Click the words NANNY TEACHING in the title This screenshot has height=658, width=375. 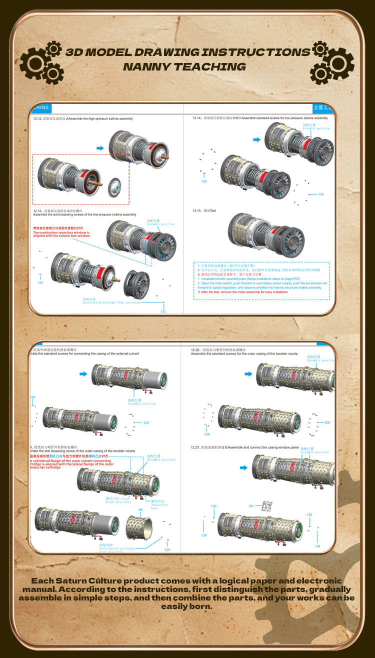[184, 66]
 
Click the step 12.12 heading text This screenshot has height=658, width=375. [83, 118]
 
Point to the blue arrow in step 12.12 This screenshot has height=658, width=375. [100, 148]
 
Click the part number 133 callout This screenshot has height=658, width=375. [163, 311]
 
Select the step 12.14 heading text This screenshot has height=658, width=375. [260, 118]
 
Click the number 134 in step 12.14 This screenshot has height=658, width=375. [320, 194]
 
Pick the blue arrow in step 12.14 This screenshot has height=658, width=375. [256, 140]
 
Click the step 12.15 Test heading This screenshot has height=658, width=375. [204, 210]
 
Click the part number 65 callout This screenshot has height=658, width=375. [140, 509]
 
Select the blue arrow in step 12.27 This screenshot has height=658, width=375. [243, 468]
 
